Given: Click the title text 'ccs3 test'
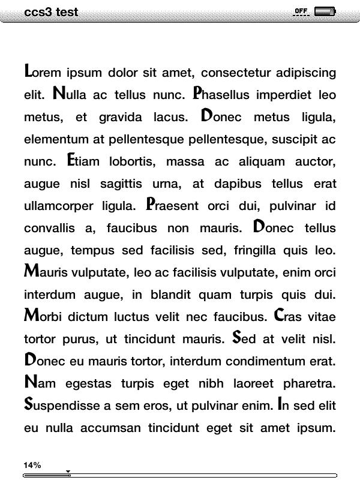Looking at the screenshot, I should coord(52,12).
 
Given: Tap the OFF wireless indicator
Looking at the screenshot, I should coord(301,11).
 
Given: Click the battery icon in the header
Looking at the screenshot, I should coord(325,11).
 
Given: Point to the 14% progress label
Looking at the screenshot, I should coord(32,465).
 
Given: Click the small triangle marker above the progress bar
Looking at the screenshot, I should coord(68,471).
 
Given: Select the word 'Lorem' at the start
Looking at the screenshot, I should coord(43,73).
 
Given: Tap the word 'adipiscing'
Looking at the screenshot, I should coord(306,73).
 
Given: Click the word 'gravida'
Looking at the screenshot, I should coord(121,117).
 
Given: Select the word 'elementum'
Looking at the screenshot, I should coord(56,139).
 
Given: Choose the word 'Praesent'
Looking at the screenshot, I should coord(172,206).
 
